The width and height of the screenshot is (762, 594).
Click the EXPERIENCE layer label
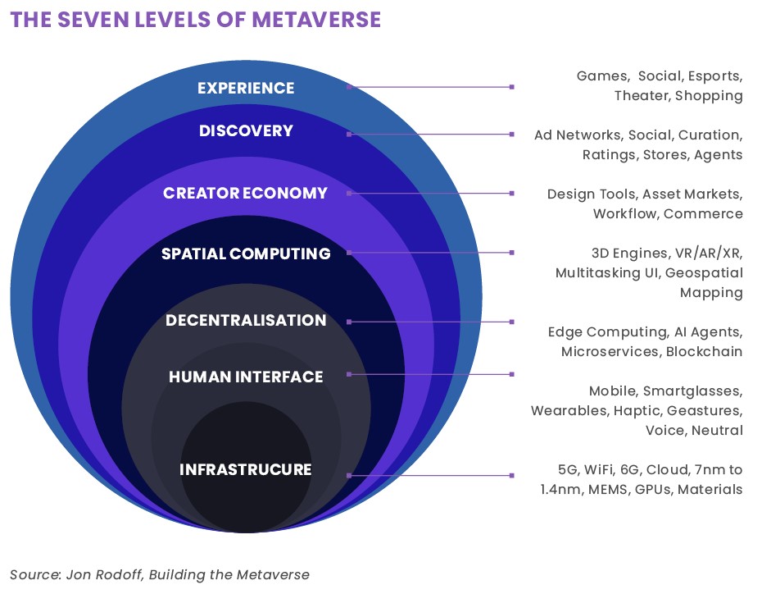pos(246,88)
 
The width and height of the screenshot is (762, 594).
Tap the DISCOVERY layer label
pos(246,131)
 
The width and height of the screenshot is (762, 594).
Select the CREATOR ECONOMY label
pos(245,194)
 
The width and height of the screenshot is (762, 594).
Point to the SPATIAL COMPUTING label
pos(246,254)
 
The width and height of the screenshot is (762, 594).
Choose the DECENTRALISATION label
pos(246,320)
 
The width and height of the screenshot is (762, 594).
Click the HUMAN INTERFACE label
pos(246,377)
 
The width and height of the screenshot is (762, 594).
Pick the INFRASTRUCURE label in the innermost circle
pos(246,470)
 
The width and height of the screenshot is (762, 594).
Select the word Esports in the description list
pos(714,76)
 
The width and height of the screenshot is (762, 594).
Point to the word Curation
pos(710,135)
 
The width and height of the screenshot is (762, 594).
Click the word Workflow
pos(624,214)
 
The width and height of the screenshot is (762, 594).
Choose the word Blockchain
pos(704,352)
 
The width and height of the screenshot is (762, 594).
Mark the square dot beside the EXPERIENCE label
pos(349,86)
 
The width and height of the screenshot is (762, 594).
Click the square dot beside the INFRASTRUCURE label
pos(349,475)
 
